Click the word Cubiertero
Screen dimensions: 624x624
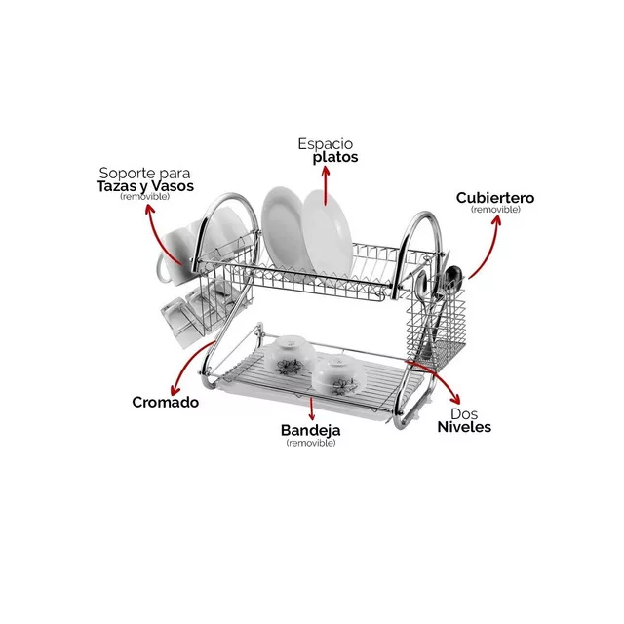(495, 198)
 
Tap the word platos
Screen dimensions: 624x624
(335, 158)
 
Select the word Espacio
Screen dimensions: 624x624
(325, 143)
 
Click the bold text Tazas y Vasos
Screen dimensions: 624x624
(145, 186)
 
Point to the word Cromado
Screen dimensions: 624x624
(165, 402)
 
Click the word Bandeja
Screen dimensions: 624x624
(310, 430)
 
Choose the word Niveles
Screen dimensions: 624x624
(464, 427)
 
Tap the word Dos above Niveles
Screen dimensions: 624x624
(464, 413)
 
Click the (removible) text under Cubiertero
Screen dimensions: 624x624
(495, 210)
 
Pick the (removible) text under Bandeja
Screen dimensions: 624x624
(311, 443)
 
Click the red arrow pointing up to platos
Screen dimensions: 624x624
(326, 185)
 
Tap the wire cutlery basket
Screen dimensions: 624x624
(436, 319)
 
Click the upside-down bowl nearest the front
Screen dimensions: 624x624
(338, 375)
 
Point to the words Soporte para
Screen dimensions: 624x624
(145, 174)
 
